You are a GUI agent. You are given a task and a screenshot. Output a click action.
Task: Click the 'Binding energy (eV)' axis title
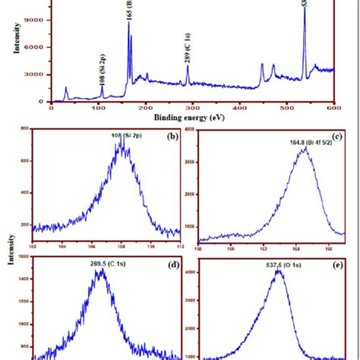(x=189, y=118)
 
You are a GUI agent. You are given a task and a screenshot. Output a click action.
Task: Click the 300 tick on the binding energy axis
(x=192, y=109)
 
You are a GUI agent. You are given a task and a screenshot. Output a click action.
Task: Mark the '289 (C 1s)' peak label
(x=188, y=47)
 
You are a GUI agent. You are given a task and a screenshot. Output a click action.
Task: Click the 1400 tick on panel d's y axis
(x=23, y=280)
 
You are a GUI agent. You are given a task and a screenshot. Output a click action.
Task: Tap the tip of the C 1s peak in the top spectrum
(x=188, y=65)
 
